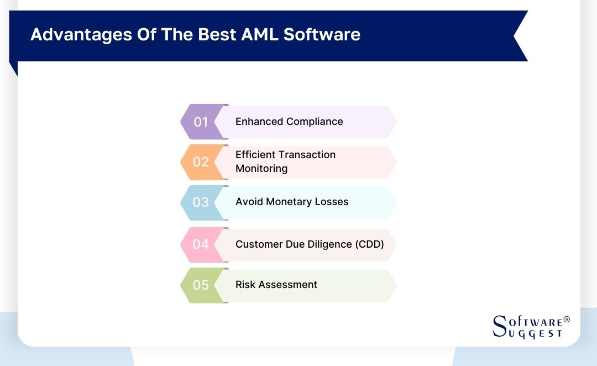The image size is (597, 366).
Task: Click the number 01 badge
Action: click(x=201, y=122)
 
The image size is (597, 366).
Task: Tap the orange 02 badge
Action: click(x=201, y=162)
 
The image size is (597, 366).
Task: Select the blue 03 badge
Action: click(x=201, y=202)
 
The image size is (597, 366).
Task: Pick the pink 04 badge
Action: click(x=201, y=244)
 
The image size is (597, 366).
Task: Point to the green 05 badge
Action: click(x=201, y=285)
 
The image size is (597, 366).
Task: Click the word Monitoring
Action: click(x=261, y=169)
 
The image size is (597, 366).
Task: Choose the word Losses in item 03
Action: click(x=332, y=202)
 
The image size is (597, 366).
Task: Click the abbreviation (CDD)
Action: click(x=369, y=244)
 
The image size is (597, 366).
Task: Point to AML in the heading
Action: click(x=260, y=34)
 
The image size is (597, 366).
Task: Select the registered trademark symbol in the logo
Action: click(x=566, y=320)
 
